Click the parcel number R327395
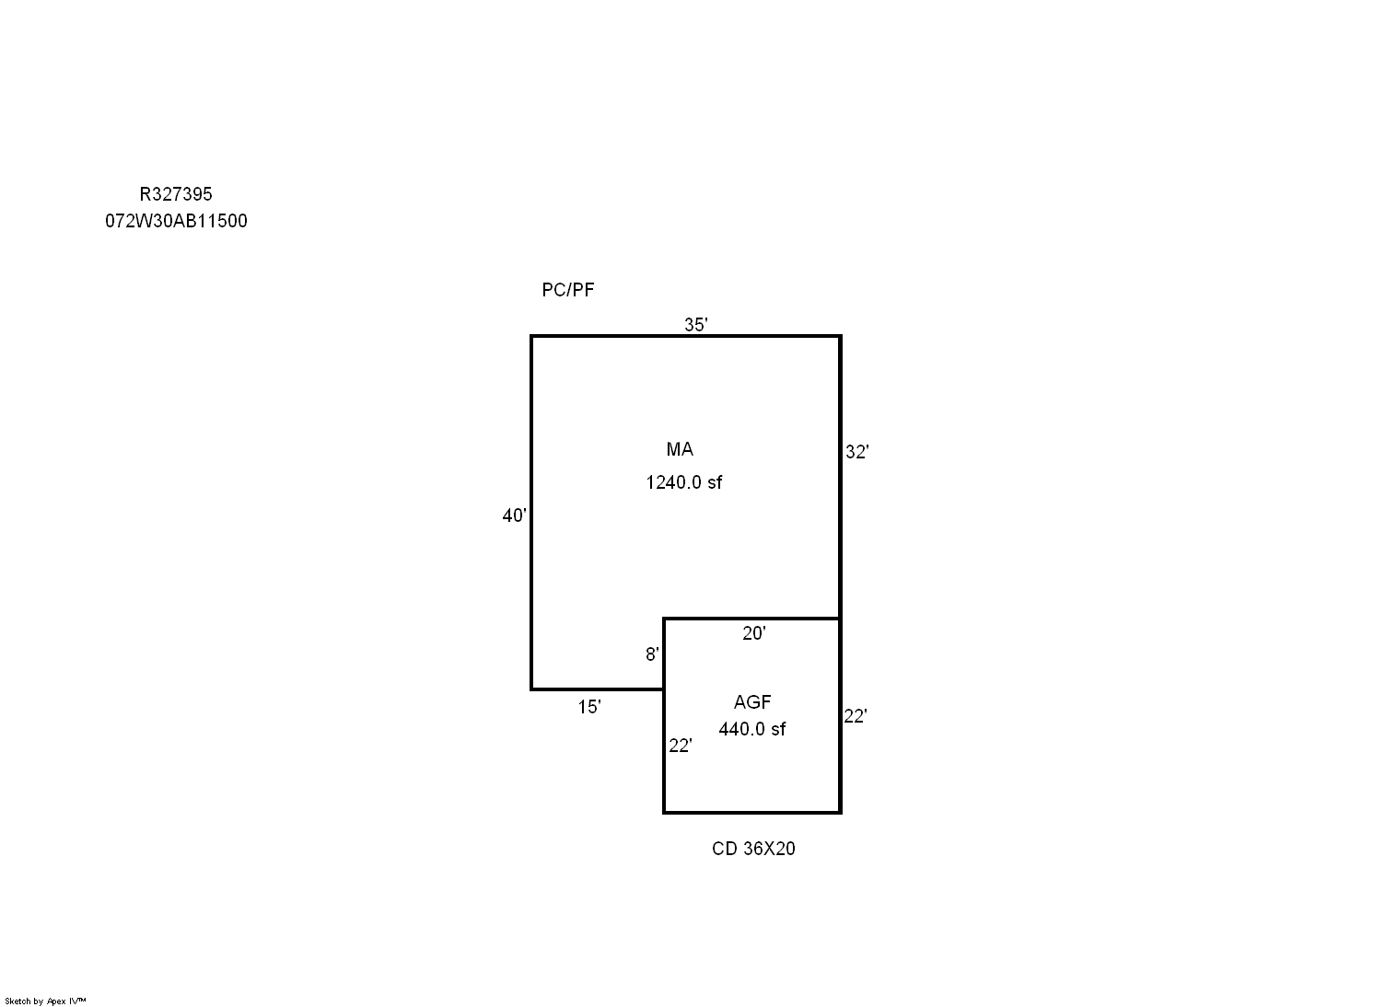click(x=175, y=194)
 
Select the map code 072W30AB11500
click(x=176, y=222)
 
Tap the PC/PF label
click(x=567, y=290)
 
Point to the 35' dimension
click(x=695, y=324)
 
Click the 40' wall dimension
click(x=514, y=515)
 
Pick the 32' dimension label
click(x=857, y=452)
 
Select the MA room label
click(x=680, y=449)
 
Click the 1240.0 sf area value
click(x=684, y=482)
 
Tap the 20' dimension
click(x=754, y=633)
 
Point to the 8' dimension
click(x=652, y=655)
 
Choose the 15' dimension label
click(x=588, y=707)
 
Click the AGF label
click(x=752, y=702)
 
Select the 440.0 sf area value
click(x=752, y=729)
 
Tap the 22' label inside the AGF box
click(x=681, y=746)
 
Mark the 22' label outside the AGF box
click(x=856, y=716)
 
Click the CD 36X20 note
click(x=753, y=849)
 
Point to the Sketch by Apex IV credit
click(x=45, y=1001)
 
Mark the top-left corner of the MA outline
click(x=531, y=337)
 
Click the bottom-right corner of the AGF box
click(x=840, y=813)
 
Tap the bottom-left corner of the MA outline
click(x=531, y=689)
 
